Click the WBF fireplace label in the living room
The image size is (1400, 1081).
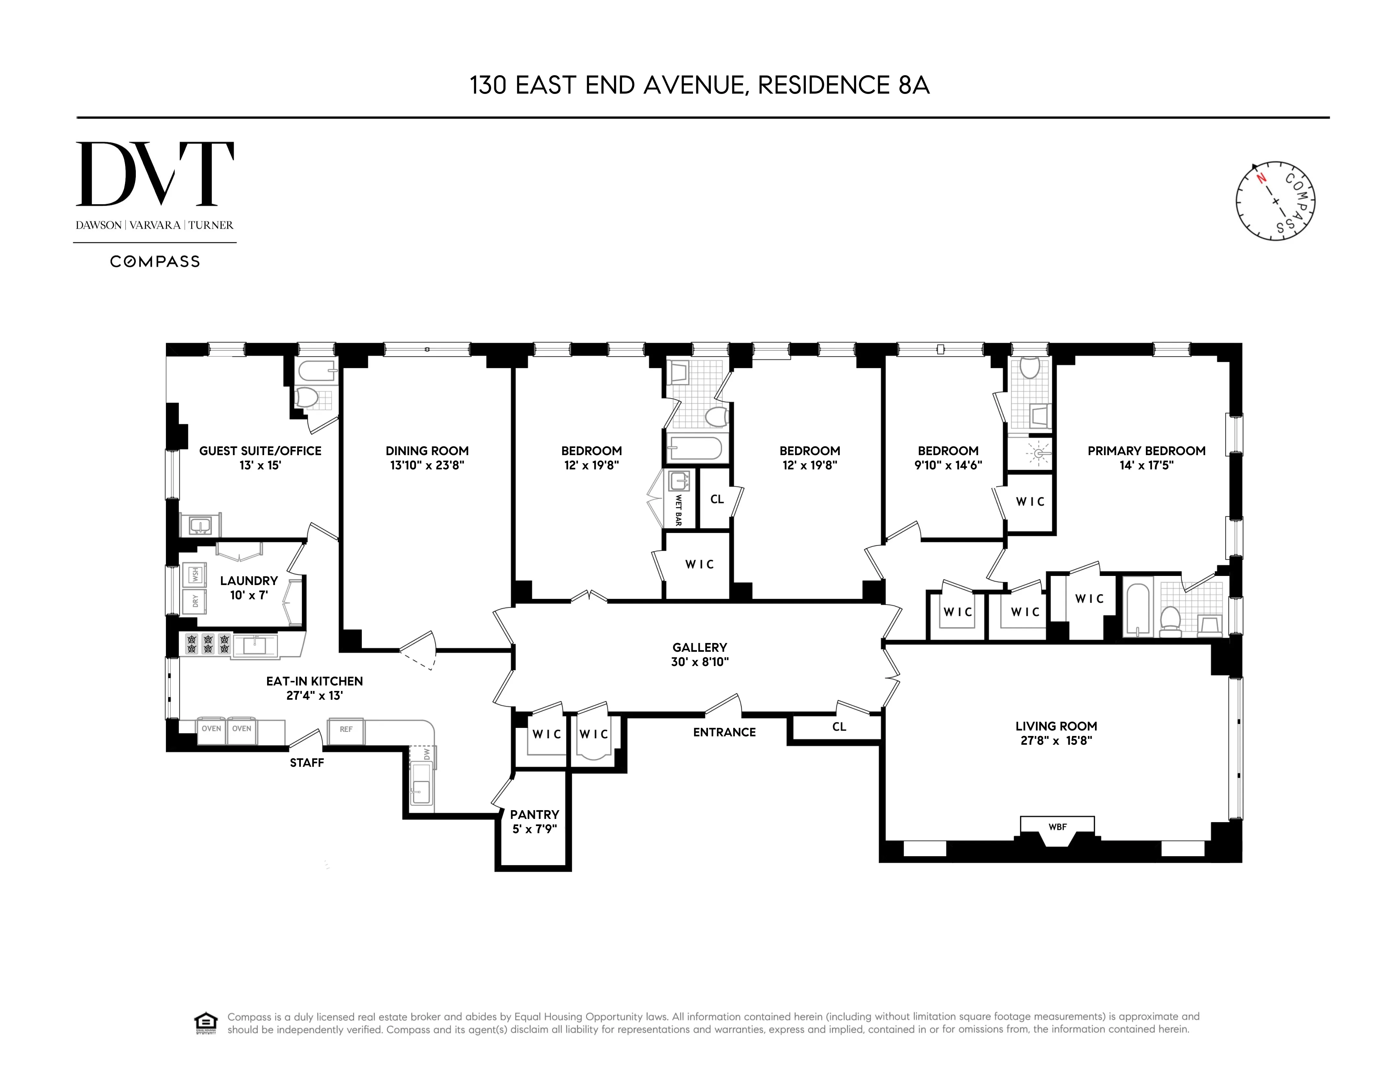point(1057,827)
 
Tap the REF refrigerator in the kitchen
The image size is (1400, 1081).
point(346,730)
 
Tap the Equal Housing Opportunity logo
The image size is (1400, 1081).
point(205,1023)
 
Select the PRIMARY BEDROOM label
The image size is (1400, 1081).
point(1146,451)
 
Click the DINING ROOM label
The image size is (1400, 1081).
point(427,451)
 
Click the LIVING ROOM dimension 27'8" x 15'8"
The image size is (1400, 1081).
point(1056,741)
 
